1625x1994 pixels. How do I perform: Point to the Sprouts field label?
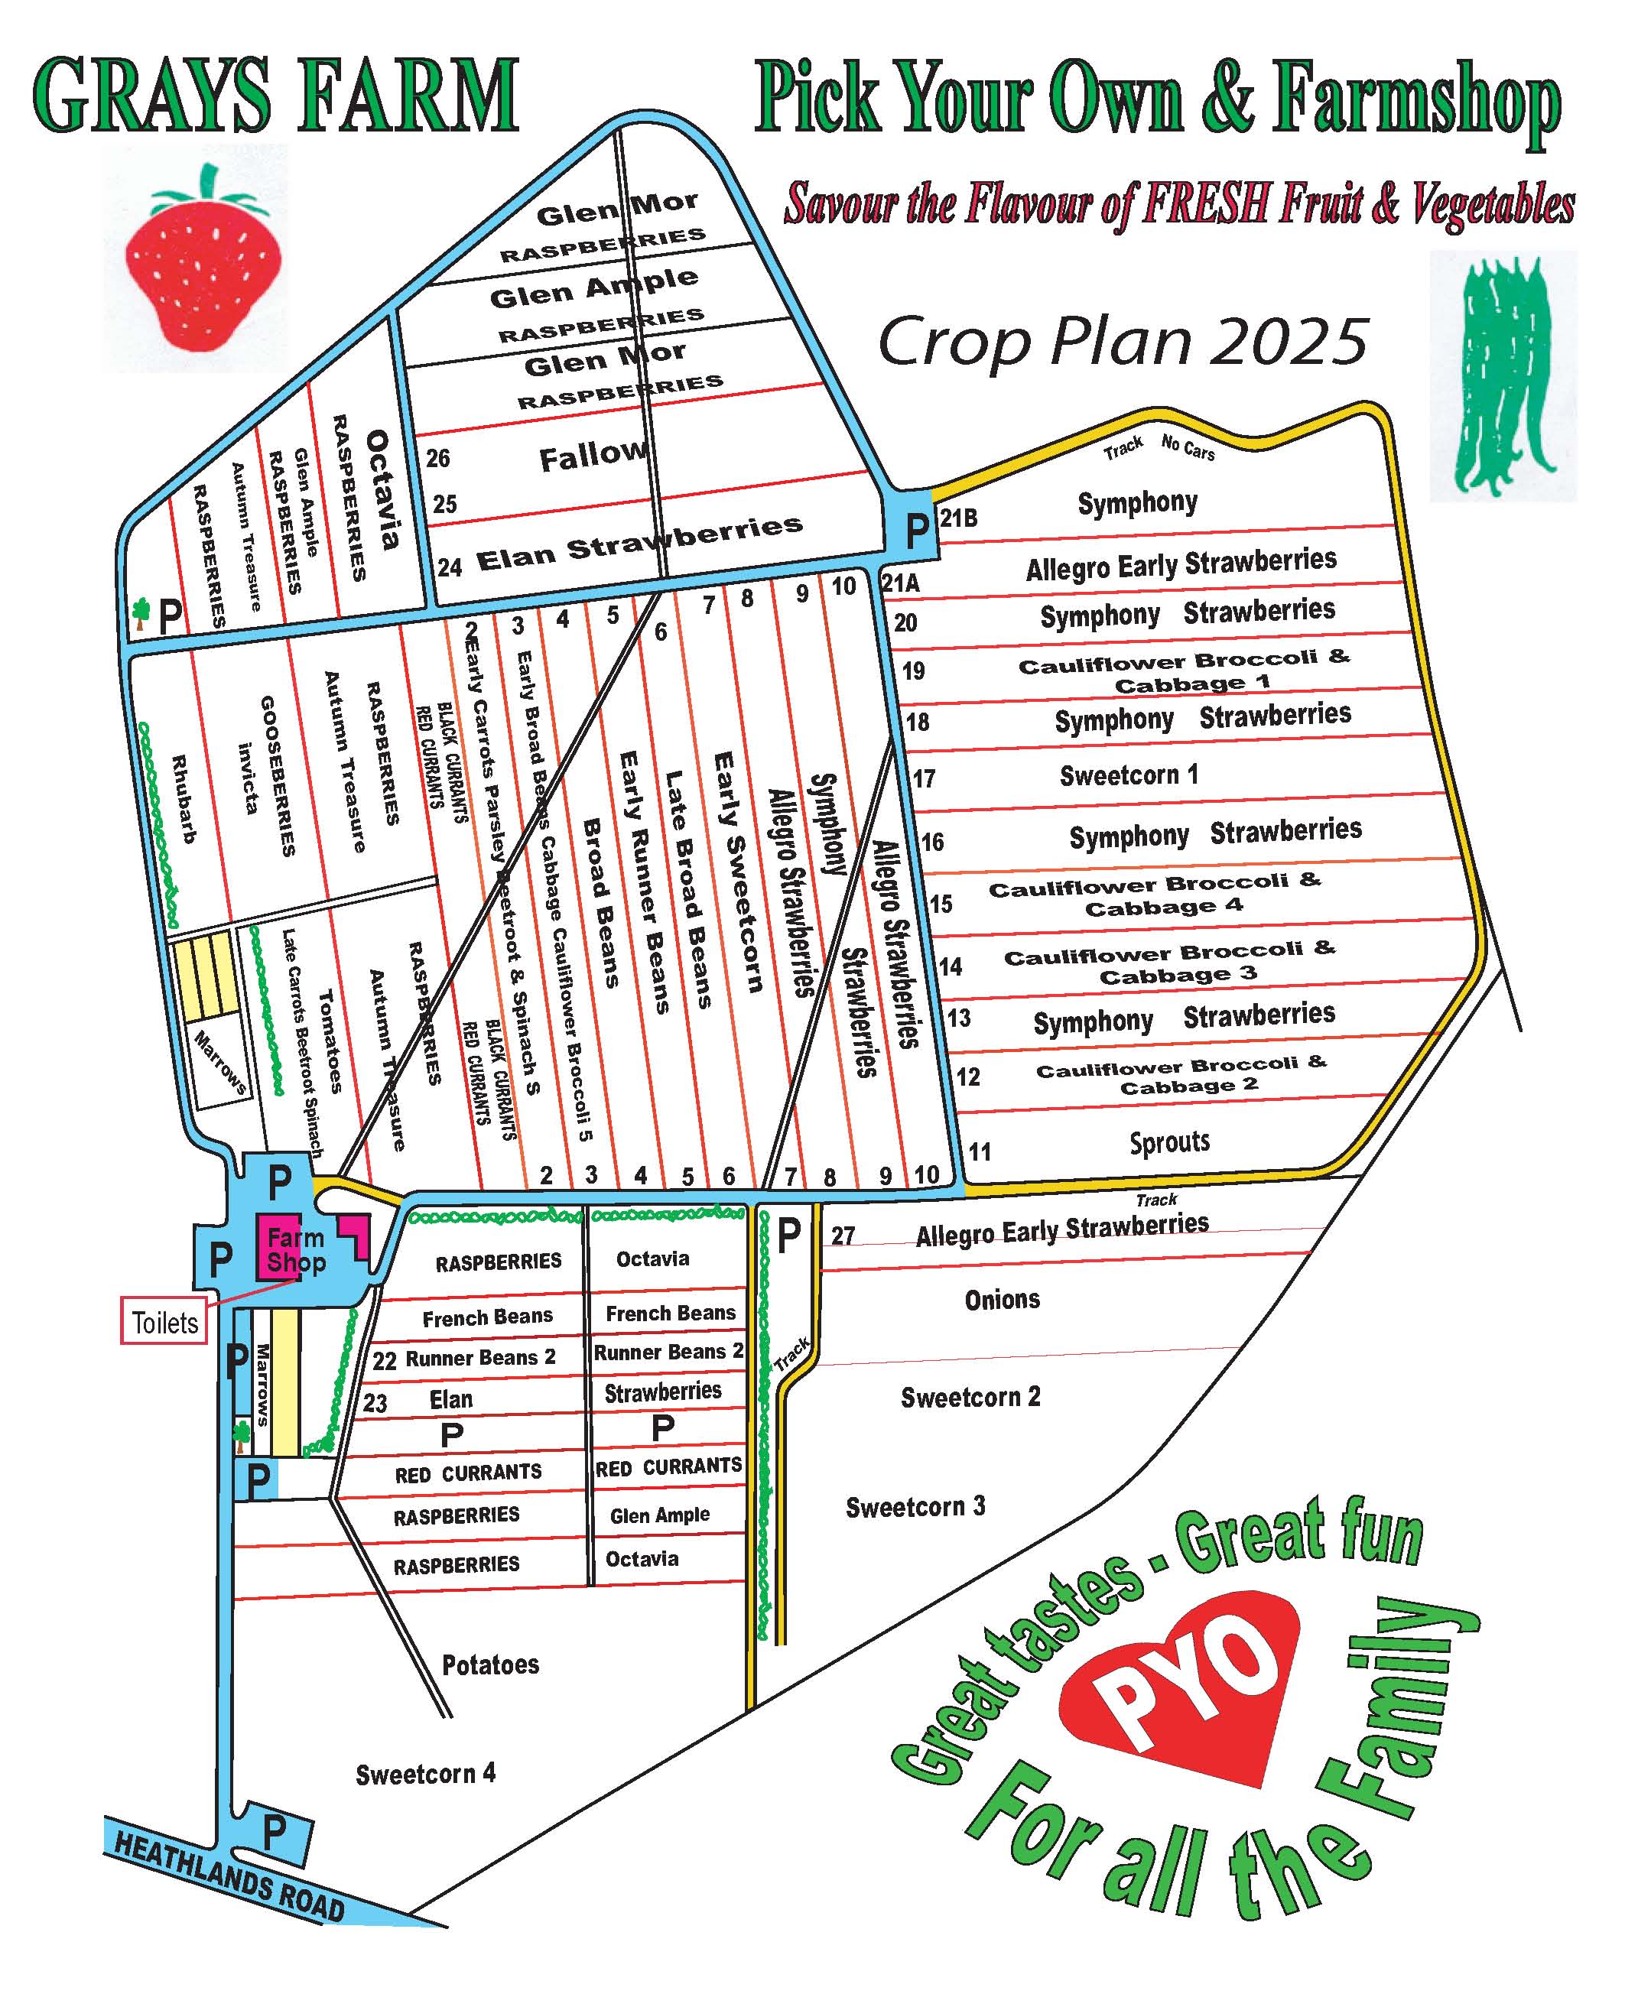pos(1169,1142)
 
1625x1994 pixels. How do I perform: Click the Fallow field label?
pos(593,456)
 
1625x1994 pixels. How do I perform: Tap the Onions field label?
pos(1002,1299)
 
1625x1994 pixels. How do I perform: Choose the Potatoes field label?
pos(490,1664)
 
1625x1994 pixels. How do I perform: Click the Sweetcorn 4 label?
pos(425,1773)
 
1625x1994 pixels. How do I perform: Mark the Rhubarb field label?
pos(184,799)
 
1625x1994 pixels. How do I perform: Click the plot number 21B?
pos(958,518)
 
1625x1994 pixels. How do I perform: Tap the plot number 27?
pos(843,1236)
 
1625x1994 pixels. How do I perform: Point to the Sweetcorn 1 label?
pos(1128,776)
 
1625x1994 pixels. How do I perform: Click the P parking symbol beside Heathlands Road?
pos(275,1830)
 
